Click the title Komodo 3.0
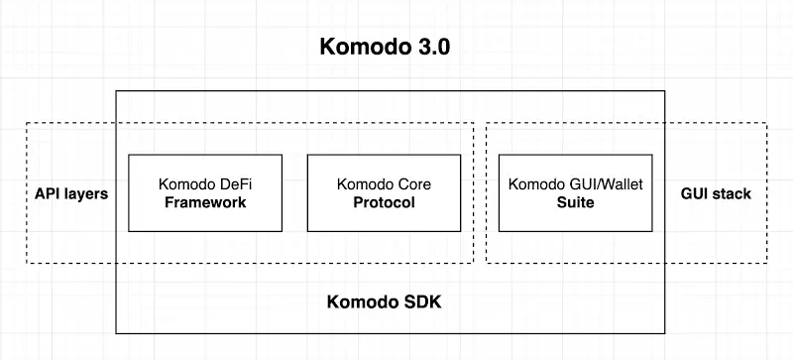(386, 48)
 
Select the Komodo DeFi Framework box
(205, 193)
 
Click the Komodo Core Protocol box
(384, 193)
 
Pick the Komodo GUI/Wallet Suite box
(575, 193)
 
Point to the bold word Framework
(205, 203)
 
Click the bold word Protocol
(384, 203)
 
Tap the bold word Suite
(575, 203)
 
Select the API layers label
(70, 193)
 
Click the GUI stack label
(717, 193)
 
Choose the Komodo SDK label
(385, 301)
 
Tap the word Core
(414, 184)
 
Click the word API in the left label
(47, 193)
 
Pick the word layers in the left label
(85, 193)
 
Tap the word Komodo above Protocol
(364, 184)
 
